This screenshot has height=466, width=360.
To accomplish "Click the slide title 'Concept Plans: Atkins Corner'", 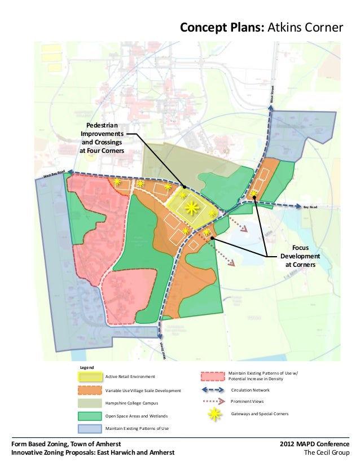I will pyautogui.click(x=261, y=28).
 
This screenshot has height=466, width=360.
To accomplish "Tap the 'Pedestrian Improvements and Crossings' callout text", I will pyautogui.click(x=102, y=138).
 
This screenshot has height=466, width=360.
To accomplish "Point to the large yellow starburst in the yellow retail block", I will pyautogui.click(x=192, y=208).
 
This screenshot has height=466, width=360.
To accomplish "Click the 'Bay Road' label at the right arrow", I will pyautogui.click(x=311, y=208).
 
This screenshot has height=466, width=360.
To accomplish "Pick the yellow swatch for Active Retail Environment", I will pyautogui.click(x=90, y=376).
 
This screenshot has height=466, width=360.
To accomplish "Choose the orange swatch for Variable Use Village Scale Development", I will pyautogui.click(x=90, y=390).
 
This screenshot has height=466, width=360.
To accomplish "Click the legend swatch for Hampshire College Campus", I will pyautogui.click(x=90, y=403).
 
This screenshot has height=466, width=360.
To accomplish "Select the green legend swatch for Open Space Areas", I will pyautogui.click(x=90, y=416).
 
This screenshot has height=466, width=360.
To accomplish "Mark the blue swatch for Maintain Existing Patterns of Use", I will pyautogui.click(x=90, y=429).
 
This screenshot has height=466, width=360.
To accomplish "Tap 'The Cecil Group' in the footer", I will pyautogui.click(x=327, y=452).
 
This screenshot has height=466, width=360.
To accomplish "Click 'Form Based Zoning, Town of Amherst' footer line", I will pyautogui.click(x=66, y=444).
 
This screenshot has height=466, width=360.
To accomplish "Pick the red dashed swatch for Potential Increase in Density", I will pyautogui.click(x=212, y=376).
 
